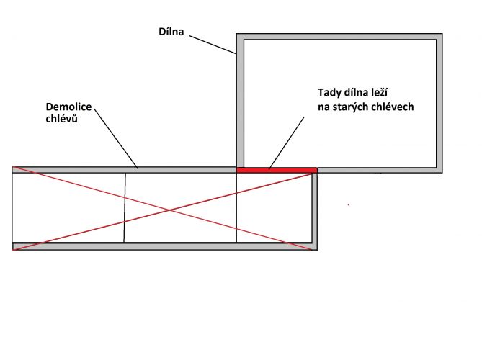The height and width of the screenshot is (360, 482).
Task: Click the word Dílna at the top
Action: click(x=171, y=32)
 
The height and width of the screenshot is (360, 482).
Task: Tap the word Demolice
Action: click(x=68, y=107)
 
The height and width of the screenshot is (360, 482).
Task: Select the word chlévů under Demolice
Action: click(x=61, y=119)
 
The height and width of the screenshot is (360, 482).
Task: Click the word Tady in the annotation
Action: click(x=328, y=93)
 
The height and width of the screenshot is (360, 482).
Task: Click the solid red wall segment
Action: click(x=277, y=170)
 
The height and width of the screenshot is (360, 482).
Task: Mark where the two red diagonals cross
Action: click(x=169, y=210)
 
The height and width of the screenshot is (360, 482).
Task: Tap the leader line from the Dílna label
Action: click(x=213, y=45)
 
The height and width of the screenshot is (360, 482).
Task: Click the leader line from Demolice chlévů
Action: click(x=116, y=138)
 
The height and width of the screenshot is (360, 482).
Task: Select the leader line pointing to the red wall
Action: click(x=287, y=143)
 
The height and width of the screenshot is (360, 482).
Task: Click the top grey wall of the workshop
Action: click(x=339, y=37)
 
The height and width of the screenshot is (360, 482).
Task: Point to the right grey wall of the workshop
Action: click(x=439, y=103)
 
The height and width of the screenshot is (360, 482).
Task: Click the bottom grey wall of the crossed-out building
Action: click(x=165, y=246)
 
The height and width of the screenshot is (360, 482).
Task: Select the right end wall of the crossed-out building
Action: click(x=315, y=212)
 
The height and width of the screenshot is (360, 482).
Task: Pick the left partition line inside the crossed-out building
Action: click(x=125, y=207)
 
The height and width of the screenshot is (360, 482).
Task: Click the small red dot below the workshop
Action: click(x=348, y=204)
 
